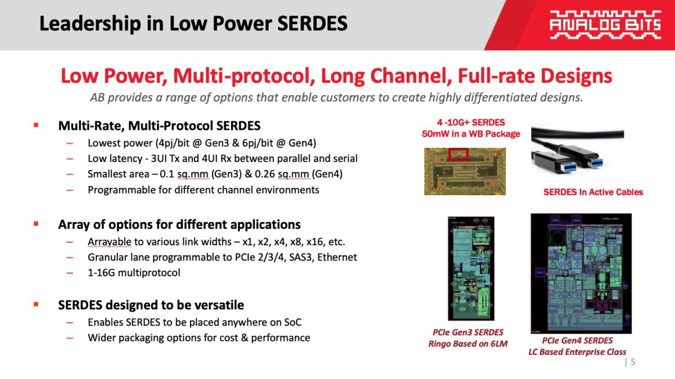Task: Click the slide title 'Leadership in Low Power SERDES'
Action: [x=193, y=24]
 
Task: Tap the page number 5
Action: [x=633, y=362]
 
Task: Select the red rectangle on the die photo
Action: [x=459, y=153]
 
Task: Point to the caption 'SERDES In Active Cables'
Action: [x=593, y=192]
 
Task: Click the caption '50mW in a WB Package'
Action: [x=471, y=134]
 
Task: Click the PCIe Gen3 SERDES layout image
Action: [x=471, y=268]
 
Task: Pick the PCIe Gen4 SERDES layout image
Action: [x=580, y=273]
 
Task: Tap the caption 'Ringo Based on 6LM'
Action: [x=468, y=344]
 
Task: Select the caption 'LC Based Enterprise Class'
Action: [x=577, y=352]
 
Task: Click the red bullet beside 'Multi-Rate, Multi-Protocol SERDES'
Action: [x=36, y=125]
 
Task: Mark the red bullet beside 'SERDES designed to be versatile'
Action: [x=36, y=304]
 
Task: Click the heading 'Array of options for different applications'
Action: [x=179, y=224]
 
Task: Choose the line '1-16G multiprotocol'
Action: [x=134, y=273]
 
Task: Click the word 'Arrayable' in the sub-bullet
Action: [x=109, y=242]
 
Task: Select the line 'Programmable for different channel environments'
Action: [x=203, y=189]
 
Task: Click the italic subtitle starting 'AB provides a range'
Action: [x=336, y=97]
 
